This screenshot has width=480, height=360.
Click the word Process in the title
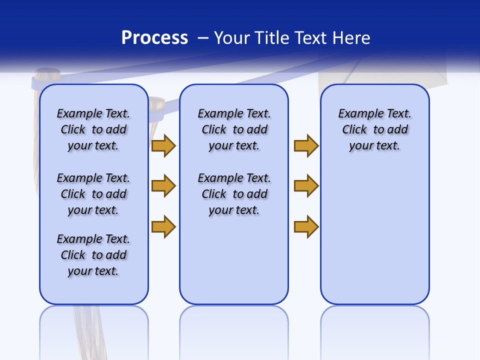coord(154,38)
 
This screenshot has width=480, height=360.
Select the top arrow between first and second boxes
coord(163,145)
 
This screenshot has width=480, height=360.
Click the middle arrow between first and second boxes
coord(163,186)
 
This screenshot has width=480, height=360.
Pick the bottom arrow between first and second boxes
coord(163,226)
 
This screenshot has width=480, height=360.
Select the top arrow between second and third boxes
coord(306,145)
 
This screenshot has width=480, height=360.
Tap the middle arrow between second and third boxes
coord(306,186)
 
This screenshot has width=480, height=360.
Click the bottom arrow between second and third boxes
coord(306,226)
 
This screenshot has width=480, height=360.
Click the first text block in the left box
coord(93,129)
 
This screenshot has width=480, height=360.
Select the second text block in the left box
coord(93,194)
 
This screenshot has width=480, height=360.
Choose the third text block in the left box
coord(93,255)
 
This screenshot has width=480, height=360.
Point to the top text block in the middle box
coord(234,129)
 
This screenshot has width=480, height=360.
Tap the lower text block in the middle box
coord(234,194)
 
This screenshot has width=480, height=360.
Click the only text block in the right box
coord(374,129)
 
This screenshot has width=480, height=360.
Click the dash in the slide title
coord(203,38)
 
